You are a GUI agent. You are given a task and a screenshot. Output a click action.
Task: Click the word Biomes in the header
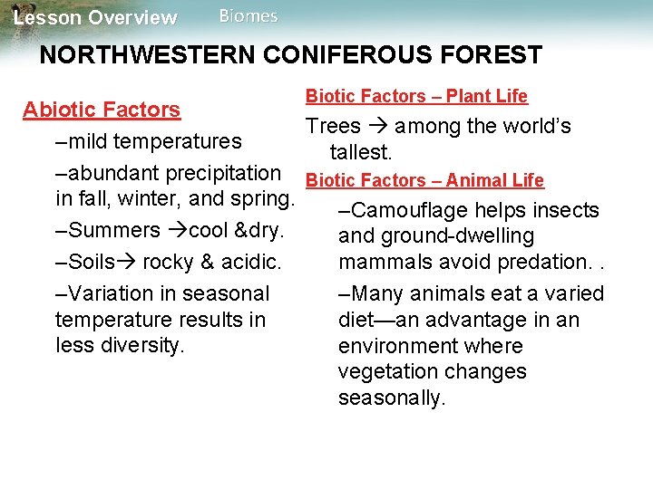[x=249, y=16]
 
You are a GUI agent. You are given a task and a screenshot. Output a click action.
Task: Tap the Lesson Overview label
[x=96, y=18]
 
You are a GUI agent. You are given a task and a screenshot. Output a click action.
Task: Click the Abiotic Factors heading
[x=102, y=110]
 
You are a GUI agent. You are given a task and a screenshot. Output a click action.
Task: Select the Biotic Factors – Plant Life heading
[x=416, y=96]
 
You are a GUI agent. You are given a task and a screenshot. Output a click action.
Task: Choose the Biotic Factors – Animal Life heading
[x=425, y=180]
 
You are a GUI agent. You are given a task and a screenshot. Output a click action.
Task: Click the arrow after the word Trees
[x=378, y=127]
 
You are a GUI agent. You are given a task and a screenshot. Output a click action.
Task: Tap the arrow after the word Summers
[x=176, y=230]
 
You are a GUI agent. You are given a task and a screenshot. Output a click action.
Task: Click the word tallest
[x=361, y=151]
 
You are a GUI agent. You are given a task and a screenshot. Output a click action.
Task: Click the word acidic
[x=251, y=263]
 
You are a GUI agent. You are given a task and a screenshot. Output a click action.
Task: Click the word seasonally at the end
[x=392, y=398]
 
